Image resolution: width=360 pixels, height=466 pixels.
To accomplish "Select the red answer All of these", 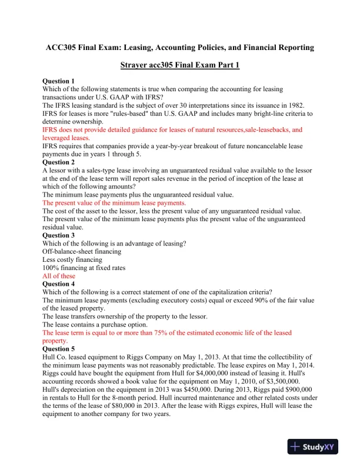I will [59, 275].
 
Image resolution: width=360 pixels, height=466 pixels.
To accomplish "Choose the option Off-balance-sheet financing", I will [82, 251].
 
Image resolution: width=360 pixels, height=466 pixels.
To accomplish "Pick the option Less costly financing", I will [71, 259].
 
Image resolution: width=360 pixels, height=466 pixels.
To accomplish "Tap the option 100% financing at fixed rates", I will [84, 268].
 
